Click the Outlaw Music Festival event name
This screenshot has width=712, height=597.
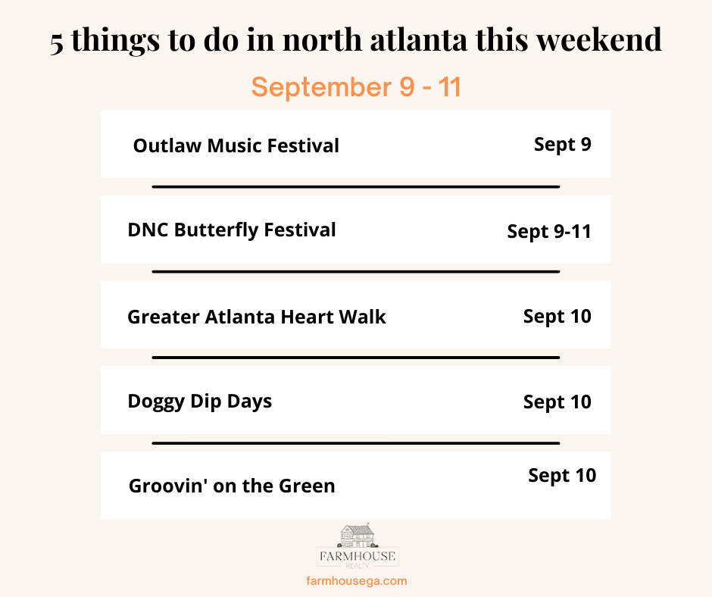(236, 146)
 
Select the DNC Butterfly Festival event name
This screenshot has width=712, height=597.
(232, 230)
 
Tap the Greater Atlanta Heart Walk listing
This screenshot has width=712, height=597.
(257, 317)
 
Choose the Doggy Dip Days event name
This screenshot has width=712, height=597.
(200, 402)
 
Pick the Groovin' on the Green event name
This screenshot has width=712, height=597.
(232, 486)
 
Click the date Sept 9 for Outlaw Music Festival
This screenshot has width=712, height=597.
(563, 145)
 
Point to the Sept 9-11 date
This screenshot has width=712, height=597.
(549, 232)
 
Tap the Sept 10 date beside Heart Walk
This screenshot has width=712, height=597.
(557, 317)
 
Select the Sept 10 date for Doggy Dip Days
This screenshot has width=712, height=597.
(557, 402)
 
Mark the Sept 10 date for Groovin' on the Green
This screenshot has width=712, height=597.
(562, 476)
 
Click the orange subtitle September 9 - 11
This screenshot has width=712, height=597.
(357, 87)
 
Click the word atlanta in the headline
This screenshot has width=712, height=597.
(418, 39)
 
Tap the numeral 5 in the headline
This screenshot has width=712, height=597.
(57, 44)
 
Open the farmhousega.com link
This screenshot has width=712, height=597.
(357, 580)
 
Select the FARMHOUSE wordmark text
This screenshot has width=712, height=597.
(358, 556)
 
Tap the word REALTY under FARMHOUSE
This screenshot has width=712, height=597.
(358, 566)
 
